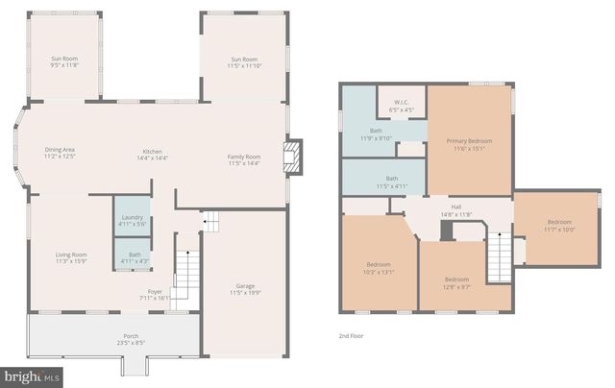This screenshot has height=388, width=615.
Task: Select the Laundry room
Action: (x=133, y=220)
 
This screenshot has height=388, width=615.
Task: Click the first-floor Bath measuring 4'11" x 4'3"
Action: (x=133, y=257)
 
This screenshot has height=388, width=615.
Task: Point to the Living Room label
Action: (x=71, y=257)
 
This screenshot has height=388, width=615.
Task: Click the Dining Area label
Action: (x=60, y=153)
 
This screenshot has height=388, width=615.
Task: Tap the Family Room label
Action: (x=243, y=159)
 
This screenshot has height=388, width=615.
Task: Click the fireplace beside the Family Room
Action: (x=292, y=158)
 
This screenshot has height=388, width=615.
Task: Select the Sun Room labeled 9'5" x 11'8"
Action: (x=65, y=63)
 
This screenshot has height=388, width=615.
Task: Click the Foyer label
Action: (x=155, y=294)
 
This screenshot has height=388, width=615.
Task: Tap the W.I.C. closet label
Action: (x=401, y=106)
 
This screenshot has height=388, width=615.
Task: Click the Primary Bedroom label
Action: (x=469, y=145)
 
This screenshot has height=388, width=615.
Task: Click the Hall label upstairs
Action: (x=456, y=211)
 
